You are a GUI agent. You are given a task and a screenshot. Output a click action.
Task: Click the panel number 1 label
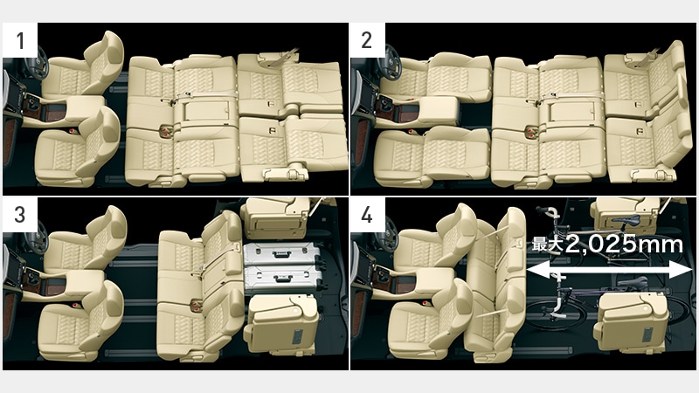(x=20, y=40)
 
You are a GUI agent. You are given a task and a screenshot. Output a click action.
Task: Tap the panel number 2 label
(x=366, y=40)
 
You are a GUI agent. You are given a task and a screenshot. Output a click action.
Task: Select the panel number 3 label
(x=19, y=215)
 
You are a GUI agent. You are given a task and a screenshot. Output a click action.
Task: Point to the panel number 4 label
(x=367, y=215)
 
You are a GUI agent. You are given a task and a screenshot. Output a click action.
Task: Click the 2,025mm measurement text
(x=624, y=245)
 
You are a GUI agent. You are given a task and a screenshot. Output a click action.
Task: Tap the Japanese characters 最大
(x=548, y=245)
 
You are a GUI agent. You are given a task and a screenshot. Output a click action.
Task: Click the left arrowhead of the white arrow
(x=538, y=270)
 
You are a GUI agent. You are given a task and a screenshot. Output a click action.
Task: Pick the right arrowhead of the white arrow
(x=681, y=270)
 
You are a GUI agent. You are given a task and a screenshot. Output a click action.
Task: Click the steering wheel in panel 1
(x=37, y=63)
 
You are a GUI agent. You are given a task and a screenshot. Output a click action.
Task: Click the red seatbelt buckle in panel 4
(x=426, y=303)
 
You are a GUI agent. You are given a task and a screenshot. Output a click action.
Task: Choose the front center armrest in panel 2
(x=439, y=110)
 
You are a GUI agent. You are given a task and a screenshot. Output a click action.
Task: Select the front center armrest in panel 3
(x=85, y=285)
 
